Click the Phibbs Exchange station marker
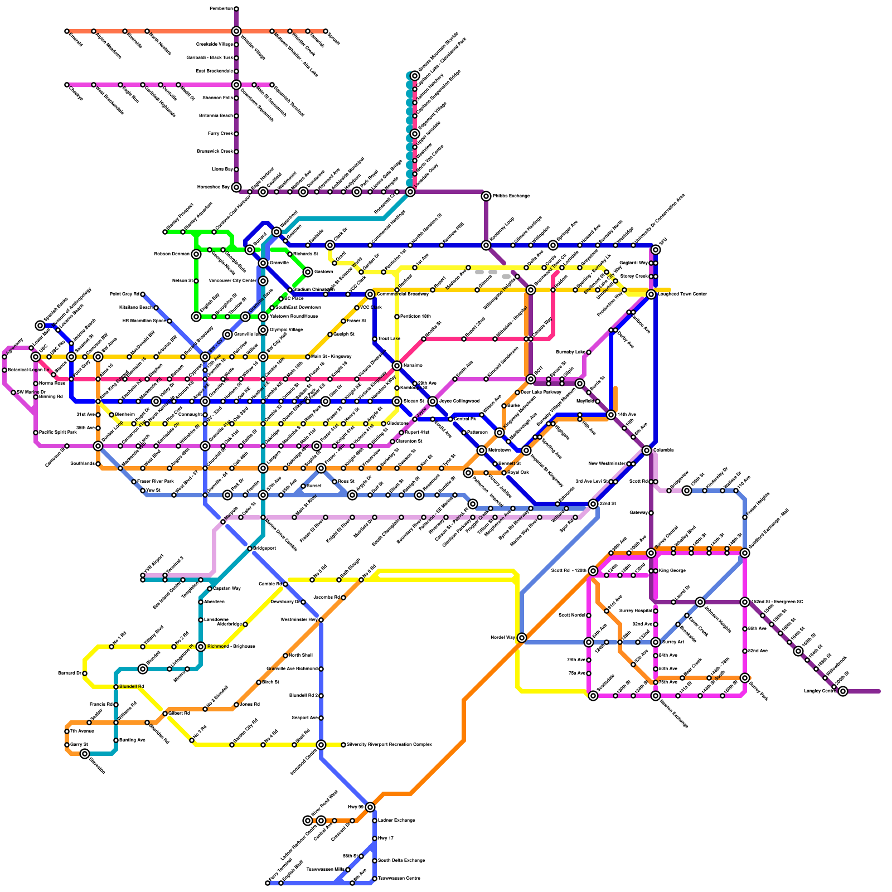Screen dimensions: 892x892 point(486,196)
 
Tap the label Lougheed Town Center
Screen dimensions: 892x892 point(683,294)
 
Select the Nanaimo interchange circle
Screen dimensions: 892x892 point(397,366)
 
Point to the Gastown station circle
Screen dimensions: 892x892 point(308,272)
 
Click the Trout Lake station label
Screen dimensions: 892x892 point(389,339)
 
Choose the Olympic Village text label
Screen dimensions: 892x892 point(286,330)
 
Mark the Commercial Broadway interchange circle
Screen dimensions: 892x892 point(370,294)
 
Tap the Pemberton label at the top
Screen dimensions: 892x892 point(221,9)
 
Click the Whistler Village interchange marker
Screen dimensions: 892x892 point(236,31)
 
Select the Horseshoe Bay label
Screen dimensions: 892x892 point(214,187)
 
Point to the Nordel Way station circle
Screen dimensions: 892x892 point(522,638)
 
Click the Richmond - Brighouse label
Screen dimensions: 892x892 point(231,647)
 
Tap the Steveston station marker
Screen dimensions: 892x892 point(85,754)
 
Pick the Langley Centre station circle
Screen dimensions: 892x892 point(843,691)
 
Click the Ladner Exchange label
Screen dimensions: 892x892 point(396,821)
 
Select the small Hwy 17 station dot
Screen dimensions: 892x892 point(375,838)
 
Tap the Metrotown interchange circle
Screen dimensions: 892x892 point(482,450)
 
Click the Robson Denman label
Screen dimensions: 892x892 point(172,254)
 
